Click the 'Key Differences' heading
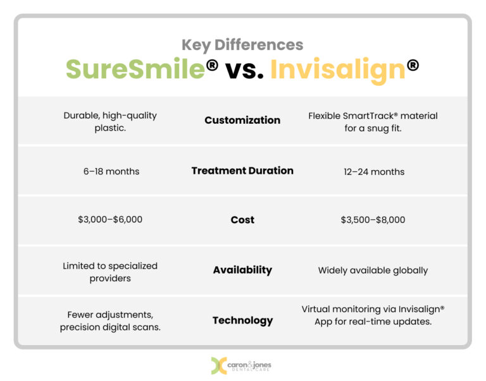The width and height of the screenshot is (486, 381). (242, 45)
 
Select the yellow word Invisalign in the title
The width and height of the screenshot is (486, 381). (338, 70)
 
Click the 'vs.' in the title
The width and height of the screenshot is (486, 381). (244, 70)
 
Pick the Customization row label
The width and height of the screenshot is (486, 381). (242, 120)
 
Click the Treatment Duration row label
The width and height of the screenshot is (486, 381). (242, 171)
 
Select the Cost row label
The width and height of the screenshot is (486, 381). (242, 220)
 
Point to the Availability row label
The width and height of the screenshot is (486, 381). (242, 270)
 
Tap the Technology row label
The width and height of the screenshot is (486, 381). (242, 320)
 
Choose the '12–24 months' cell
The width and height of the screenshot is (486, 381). (373, 171)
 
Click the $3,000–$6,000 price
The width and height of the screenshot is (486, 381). (110, 220)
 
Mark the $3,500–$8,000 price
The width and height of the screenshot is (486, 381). (373, 220)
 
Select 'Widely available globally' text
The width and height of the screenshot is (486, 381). (373, 270)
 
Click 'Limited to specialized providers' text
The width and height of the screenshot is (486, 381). (110, 272)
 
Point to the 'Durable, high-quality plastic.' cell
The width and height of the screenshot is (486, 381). (110, 122)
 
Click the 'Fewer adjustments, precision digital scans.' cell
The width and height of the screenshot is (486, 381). (110, 321)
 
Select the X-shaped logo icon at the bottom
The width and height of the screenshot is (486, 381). (219, 366)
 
